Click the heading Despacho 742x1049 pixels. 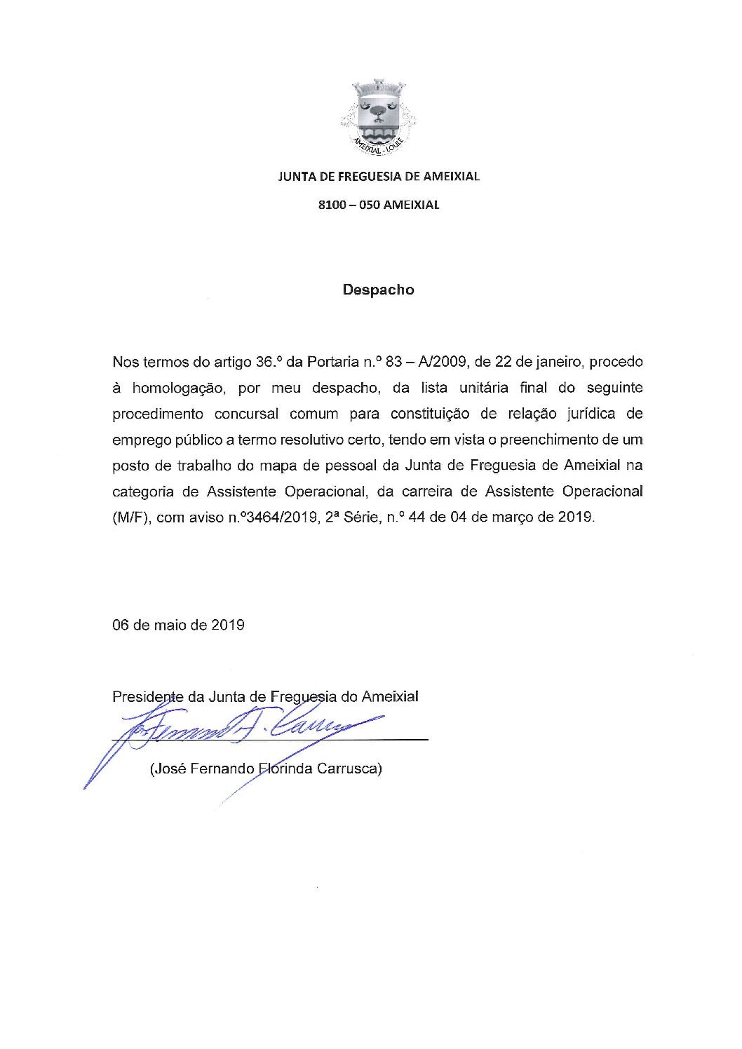tap(378, 290)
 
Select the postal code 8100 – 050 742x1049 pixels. tap(349, 205)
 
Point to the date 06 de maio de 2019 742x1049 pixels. tap(178, 625)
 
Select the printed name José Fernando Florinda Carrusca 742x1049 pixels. tap(266, 769)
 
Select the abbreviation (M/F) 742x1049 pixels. tap(130, 517)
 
